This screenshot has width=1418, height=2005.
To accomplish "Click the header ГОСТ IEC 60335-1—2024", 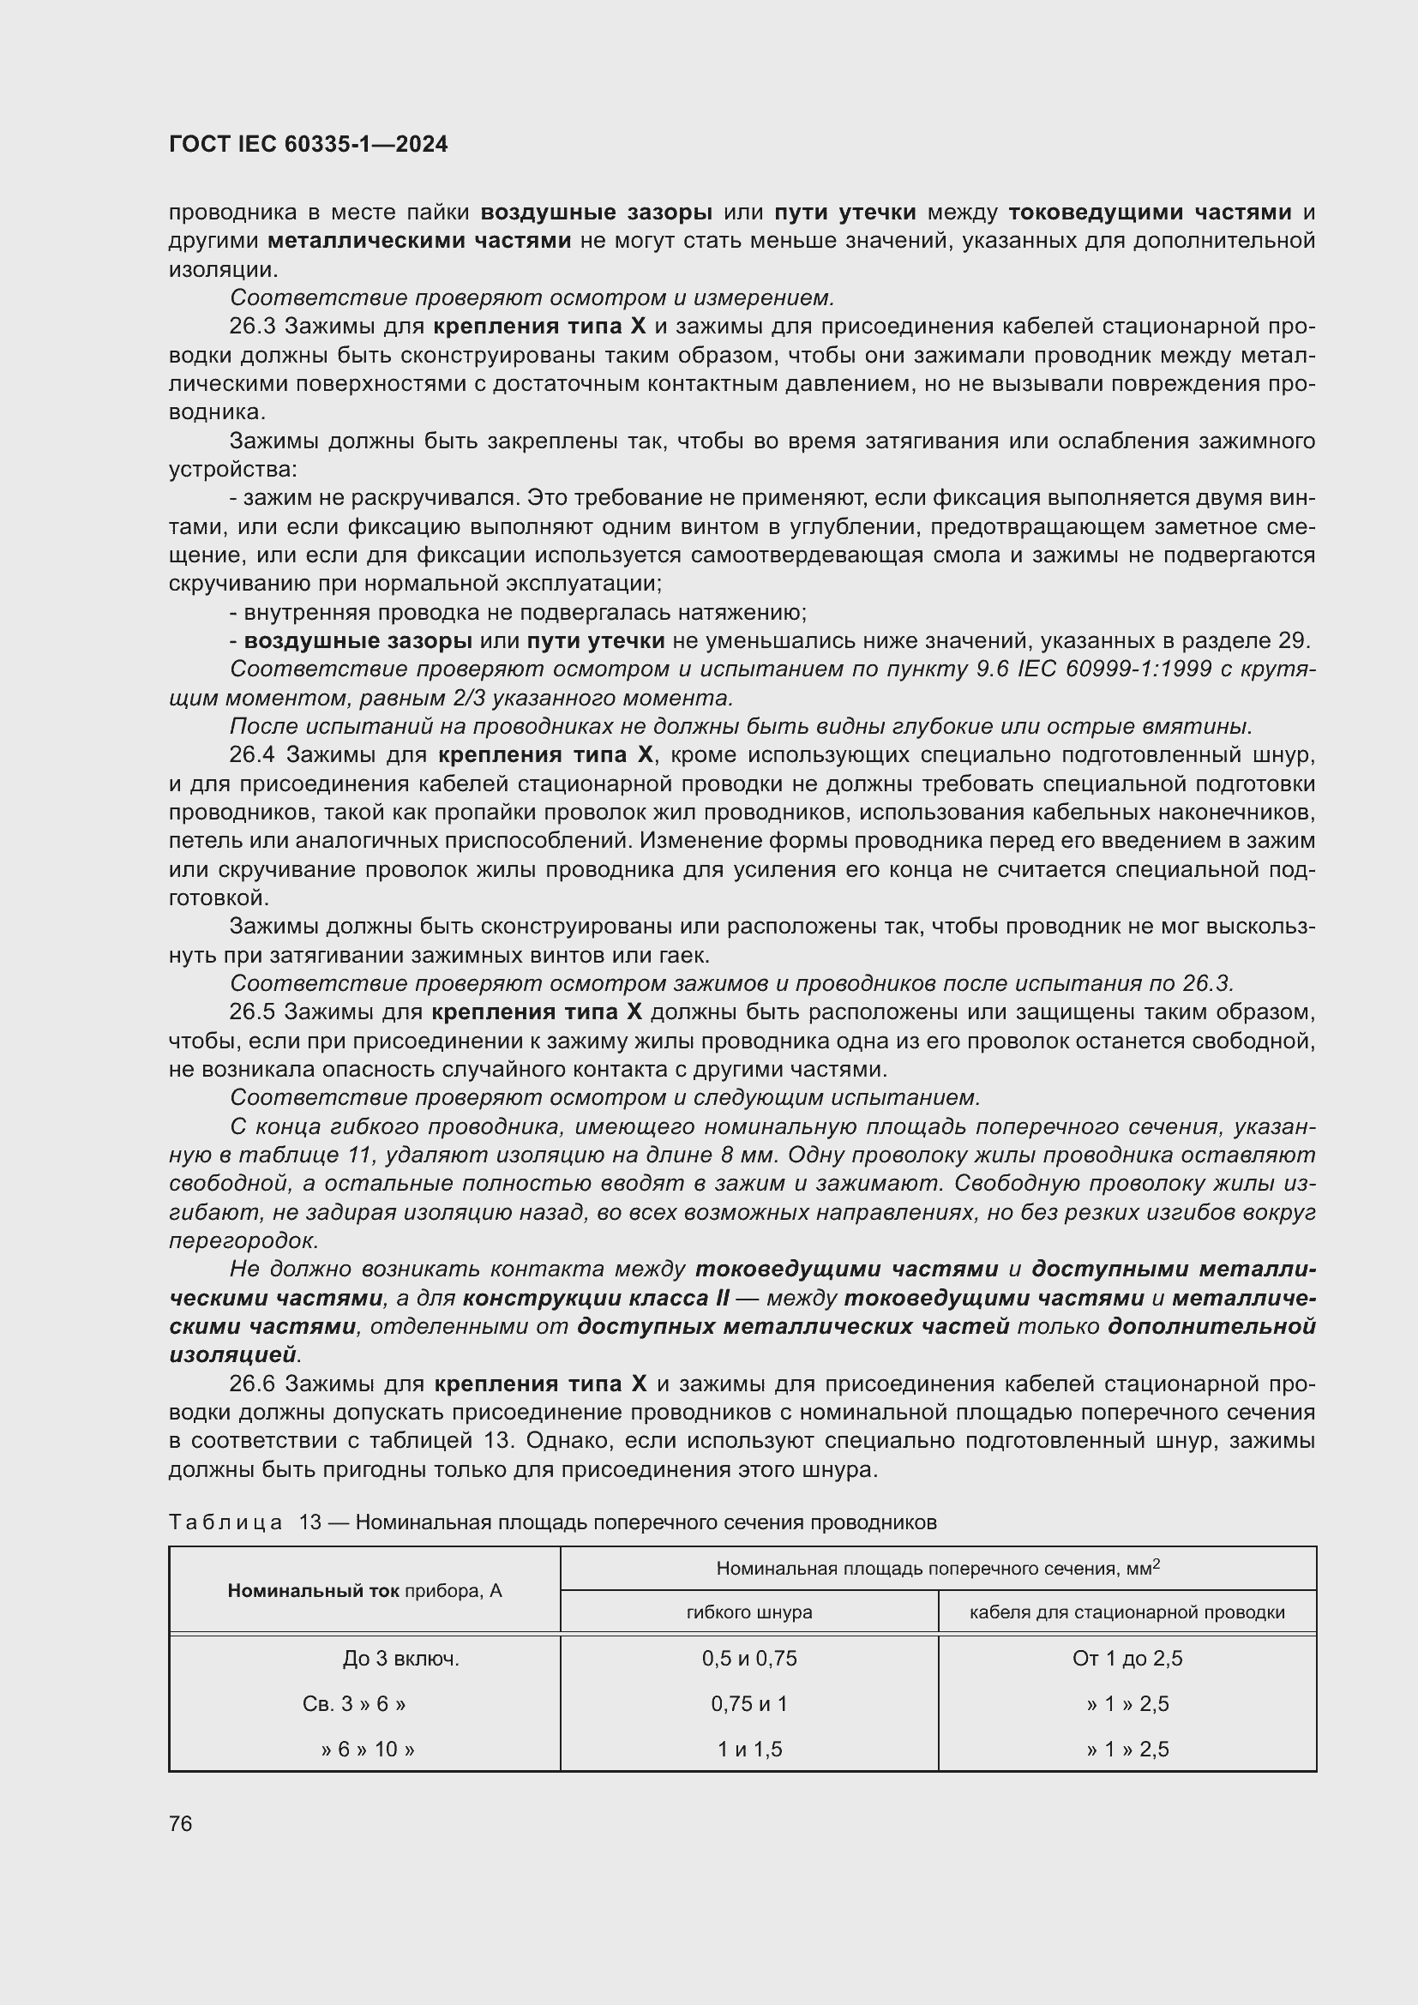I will tap(308, 145).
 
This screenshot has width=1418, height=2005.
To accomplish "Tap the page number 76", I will tap(181, 1823).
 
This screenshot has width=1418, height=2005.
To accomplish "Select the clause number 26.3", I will tap(252, 327).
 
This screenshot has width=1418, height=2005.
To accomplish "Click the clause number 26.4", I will tap(253, 755).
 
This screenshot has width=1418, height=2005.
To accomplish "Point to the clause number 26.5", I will tap(252, 1012).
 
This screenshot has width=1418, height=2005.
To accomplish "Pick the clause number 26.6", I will tap(252, 1384).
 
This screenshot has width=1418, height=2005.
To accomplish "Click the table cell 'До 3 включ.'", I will tap(400, 1659).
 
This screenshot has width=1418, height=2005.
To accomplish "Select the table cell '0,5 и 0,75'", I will tap(749, 1659).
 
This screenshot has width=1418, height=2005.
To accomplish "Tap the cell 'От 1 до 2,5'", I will tap(1127, 1659).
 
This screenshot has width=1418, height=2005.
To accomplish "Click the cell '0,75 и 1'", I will tap(749, 1704).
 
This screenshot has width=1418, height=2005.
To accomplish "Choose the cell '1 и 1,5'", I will tap(749, 1750).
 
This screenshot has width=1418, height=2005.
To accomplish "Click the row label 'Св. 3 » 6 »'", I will tap(353, 1704).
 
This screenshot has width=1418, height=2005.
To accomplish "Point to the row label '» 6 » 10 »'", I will tap(368, 1750).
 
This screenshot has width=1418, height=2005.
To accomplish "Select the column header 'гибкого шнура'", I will tap(749, 1612).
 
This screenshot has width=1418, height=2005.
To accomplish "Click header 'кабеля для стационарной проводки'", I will tap(1127, 1612).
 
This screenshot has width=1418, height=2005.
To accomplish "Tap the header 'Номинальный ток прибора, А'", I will tap(365, 1590).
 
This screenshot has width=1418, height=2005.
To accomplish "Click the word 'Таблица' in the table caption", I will tap(225, 1523).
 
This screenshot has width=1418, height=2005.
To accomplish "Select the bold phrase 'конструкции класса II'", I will tap(597, 1299).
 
